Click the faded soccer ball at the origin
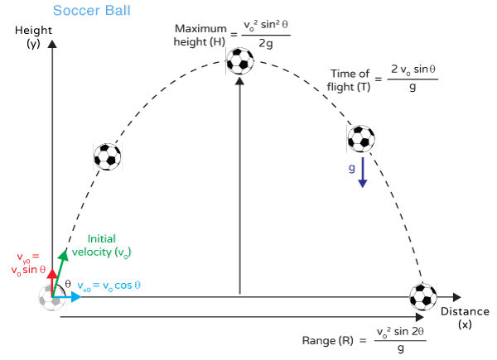pyautogui.click(x=51, y=297)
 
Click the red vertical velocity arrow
pyautogui.click(x=51, y=281)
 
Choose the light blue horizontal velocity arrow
pyautogui.click(x=66, y=296)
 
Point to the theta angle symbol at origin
pyautogui.click(x=68, y=284)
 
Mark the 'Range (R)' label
pyautogui.click(x=332, y=340)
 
